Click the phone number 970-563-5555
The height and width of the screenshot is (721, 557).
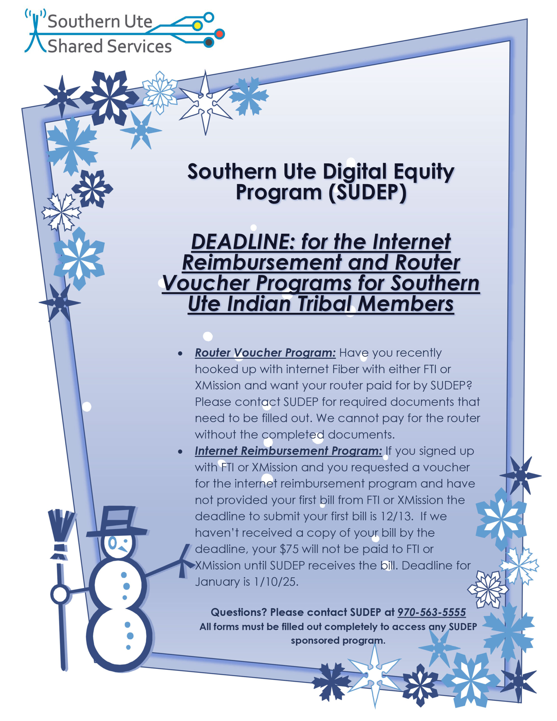click(431, 612)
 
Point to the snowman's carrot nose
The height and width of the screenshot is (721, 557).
click(123, 549)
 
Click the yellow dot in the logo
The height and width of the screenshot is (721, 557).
click(197, 25)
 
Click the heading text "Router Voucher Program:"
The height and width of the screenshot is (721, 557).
click(265, 353)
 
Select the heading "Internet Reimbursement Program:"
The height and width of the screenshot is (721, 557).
click(288, 451)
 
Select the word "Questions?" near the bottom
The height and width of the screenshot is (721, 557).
click(239, 612)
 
